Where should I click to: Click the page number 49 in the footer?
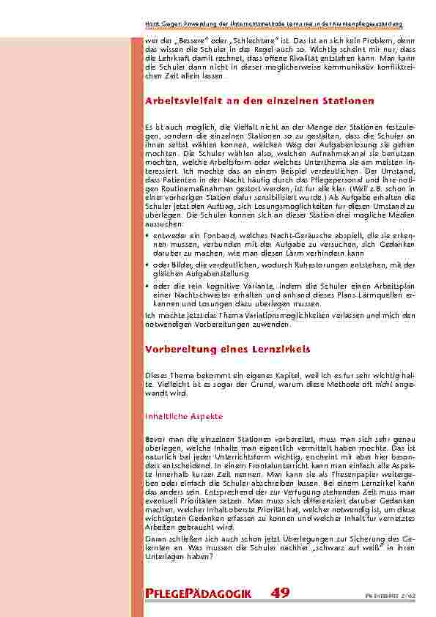pyautogui.click(x=280, y=593)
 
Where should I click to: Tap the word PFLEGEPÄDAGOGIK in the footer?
pyautogui.click(x=199, y=594)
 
